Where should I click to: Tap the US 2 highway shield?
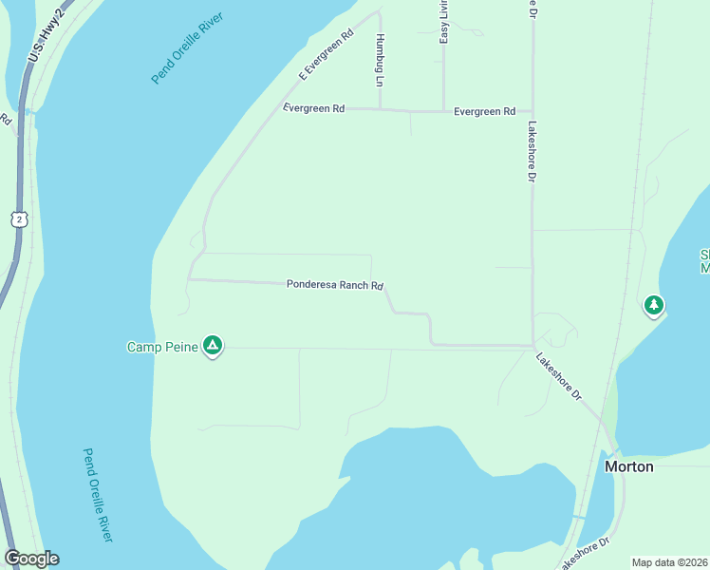point(20,219)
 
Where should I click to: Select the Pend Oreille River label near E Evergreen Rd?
point(189,48)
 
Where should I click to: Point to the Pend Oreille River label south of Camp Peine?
point(97,495)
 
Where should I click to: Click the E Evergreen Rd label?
point(326,54)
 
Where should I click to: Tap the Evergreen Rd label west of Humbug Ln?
point(314,109)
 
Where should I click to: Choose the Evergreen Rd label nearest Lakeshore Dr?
point(484,111)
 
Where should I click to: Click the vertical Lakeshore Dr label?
point(532,151)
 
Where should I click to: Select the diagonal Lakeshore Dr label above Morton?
point(558,376)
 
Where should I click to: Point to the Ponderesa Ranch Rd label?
point(334,285)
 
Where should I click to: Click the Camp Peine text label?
point(162,347)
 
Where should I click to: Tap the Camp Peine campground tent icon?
point(213,346)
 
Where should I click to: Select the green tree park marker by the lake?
point(653,306)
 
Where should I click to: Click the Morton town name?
point(629,466)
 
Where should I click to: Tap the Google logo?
point(31,559)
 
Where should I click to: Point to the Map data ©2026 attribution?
point(670,562)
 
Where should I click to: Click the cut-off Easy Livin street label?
point(443,22)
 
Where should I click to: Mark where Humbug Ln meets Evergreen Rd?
point(381,109)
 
